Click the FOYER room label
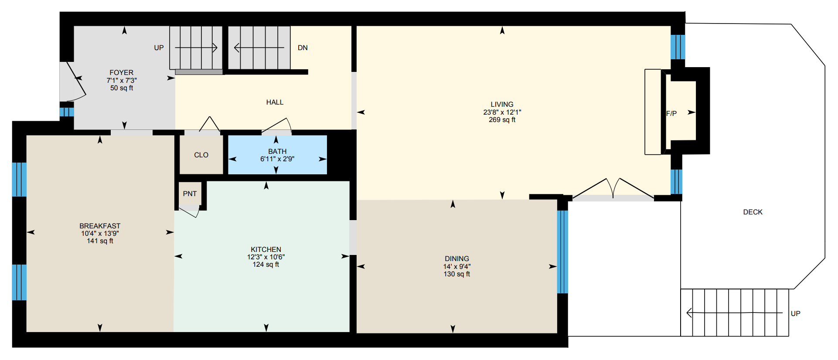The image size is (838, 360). (x=122, y=73)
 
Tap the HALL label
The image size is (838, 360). (x=275, y=102)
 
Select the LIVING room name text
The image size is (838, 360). (x=502, y=105)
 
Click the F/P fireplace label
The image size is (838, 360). (x=671, y=114)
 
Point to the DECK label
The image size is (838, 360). (x=753, y=212)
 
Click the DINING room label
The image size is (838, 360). (x=457, y=259)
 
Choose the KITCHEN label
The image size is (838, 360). (x=266, y=250)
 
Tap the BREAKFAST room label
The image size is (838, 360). (x=100, y=226)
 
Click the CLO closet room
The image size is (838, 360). (x=201, y=155)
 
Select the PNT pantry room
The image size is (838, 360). (x=190, y=194)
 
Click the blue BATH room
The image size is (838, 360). (x=277, y=155)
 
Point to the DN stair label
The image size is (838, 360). (x=303, y=48)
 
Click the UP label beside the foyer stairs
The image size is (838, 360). (x=159, y=48)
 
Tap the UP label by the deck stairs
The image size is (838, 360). (x=796, y=314)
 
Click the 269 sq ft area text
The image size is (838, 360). (x=502, y=120)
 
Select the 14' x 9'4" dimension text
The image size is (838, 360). (x=457, y=267)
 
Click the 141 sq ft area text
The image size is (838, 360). (x=100, y=241)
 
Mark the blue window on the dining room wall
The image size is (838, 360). (x=562, y=252)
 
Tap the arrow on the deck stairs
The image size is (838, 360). (x=734, y=313)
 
